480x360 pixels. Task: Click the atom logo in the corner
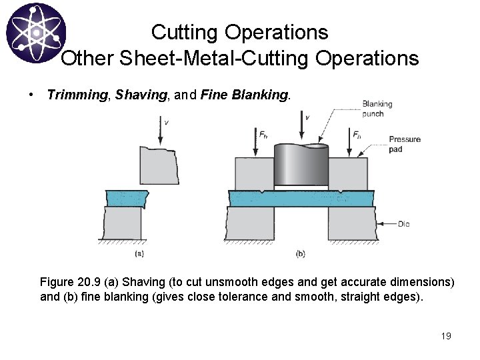tap(35, 33)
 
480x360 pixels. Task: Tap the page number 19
tap(446, 335)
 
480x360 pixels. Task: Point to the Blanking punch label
tap(377, 108)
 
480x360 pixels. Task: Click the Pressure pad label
tap(405, 144)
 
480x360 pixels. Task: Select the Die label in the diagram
tap(403, 224)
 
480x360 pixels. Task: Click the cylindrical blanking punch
tap(301, 165)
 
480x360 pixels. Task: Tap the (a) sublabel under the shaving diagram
tap(139, 253)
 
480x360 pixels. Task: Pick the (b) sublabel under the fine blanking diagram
tap(300, 253)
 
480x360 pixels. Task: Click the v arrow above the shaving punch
tap(161, 130)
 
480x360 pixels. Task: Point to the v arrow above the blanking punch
tap(301, 127)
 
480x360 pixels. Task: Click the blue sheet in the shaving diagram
tap(127, 198)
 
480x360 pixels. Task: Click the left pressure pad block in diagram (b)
tap(253, 173)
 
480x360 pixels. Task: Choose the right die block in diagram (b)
tap(348, 225)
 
